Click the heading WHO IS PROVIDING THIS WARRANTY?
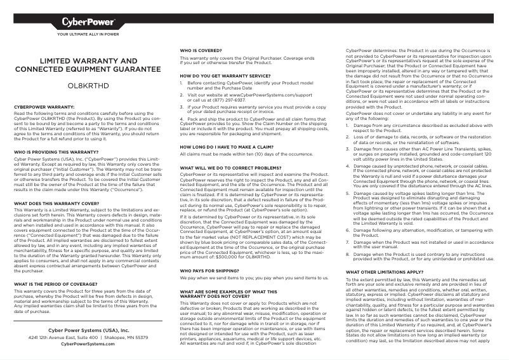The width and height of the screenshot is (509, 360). (56, 152)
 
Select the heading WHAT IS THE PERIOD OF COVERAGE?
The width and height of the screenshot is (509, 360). (55, 284)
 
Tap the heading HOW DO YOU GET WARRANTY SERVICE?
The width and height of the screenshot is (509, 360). (223, 76)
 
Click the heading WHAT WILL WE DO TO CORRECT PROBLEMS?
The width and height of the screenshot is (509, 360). (225, 167)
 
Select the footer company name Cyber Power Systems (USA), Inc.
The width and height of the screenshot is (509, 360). (88, 331)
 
